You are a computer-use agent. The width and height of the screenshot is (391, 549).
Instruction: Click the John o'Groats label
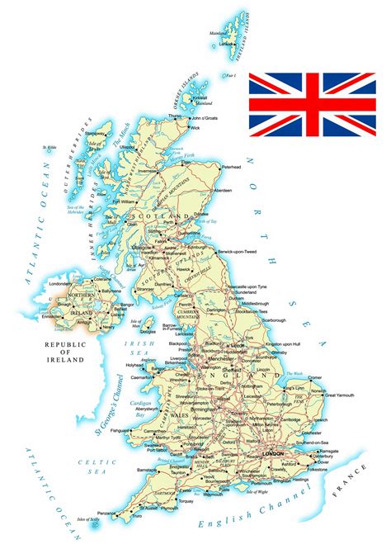click(x=212, y=119)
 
